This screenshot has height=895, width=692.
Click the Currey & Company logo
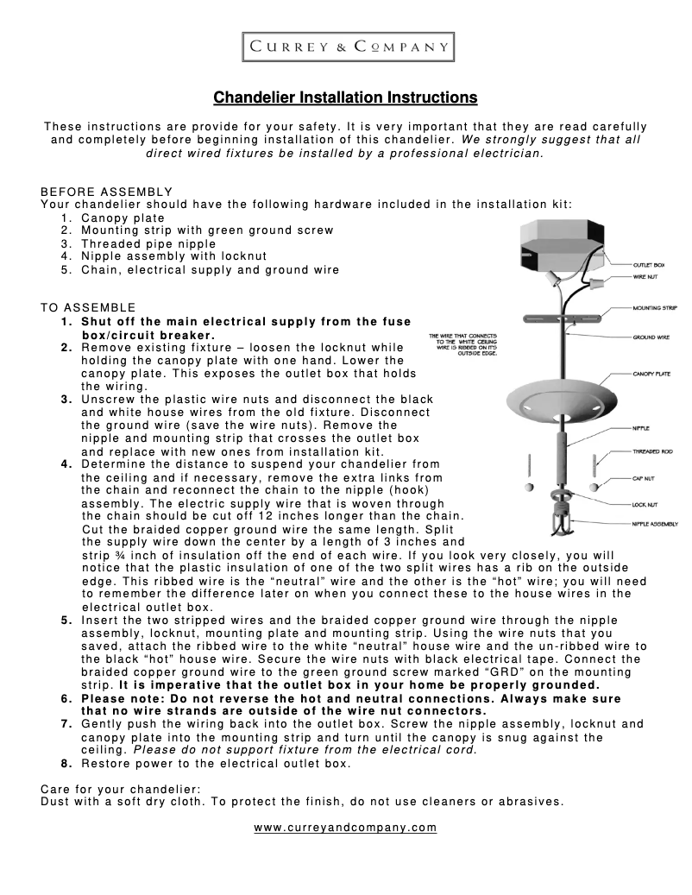click(345, 47)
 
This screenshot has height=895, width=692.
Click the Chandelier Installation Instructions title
click(345, 97)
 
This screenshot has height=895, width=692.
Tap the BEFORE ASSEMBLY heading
click(107, 192)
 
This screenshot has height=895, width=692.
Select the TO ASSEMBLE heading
click(88, 307)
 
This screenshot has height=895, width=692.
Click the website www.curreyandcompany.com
click(345, 828)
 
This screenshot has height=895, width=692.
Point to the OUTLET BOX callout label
click(648, 264)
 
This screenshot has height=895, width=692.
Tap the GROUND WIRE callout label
click(651, 337)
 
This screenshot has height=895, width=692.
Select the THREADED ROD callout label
click(651, 451)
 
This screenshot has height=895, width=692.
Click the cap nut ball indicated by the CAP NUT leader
click(593, 488)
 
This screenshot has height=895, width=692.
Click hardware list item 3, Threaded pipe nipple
click(148, 243)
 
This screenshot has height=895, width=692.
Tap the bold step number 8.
click(66, 764)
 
